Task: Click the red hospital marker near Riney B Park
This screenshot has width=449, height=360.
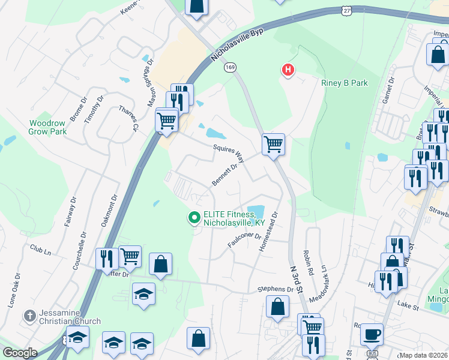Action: click(288, 71)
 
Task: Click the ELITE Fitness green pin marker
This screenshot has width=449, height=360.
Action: click(194, 218)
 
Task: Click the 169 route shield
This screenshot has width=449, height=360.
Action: click(231, 68)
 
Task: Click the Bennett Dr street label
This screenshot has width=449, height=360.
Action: click(225, 175)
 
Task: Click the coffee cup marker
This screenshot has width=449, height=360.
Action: click(372, 334)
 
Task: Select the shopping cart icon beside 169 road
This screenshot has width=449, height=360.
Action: click(273, 144)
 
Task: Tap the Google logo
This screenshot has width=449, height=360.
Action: click(20, 353)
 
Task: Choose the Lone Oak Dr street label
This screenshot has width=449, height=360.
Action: click(12, 292)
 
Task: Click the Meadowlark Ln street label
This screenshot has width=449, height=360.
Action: click(318, 284)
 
